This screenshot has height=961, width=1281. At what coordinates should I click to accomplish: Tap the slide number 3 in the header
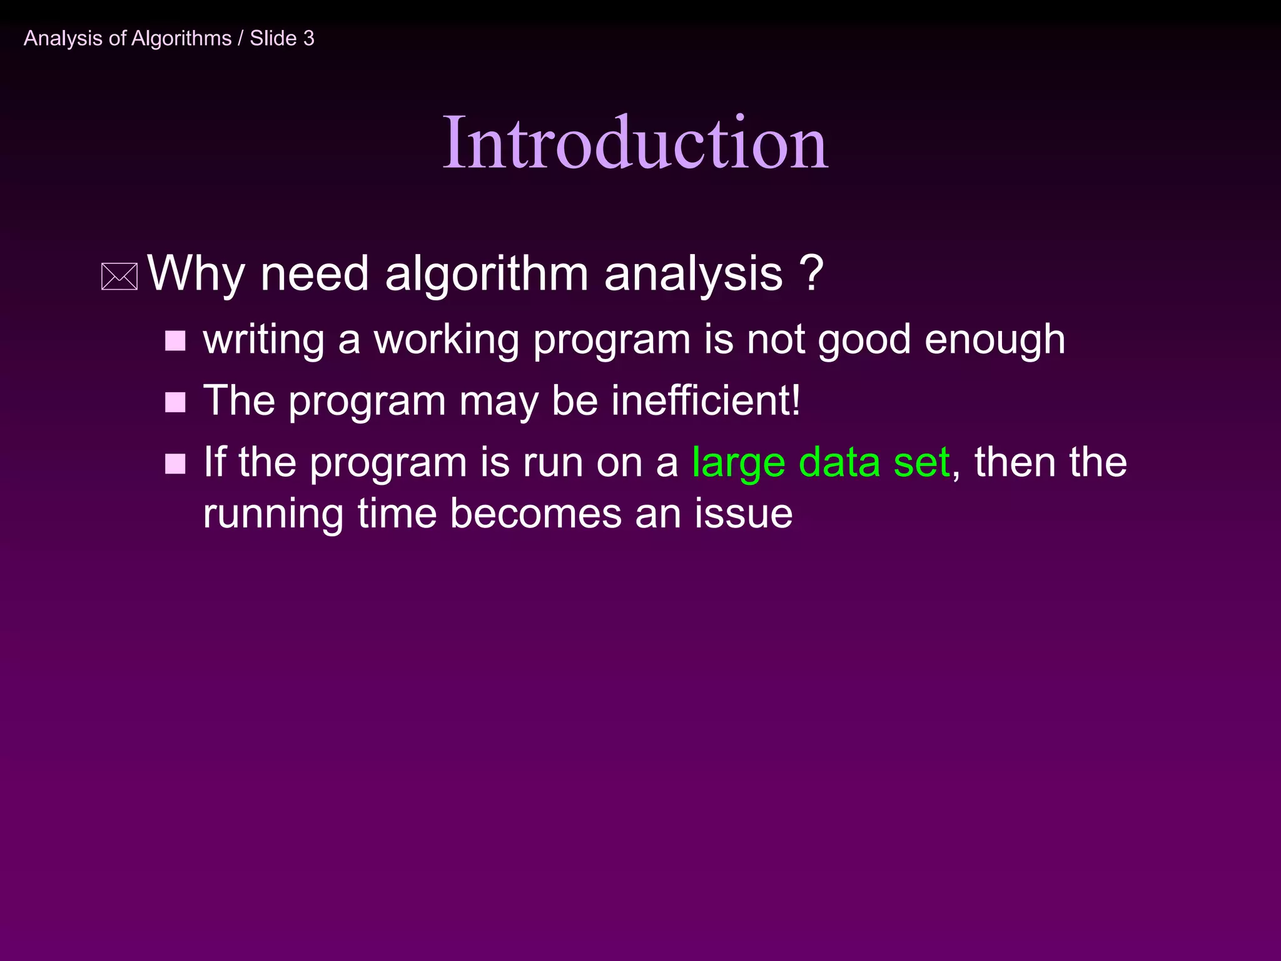pos(308,39)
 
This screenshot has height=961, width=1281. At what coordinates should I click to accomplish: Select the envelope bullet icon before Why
pos(119,277)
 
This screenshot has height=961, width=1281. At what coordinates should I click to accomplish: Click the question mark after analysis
pos(811,273)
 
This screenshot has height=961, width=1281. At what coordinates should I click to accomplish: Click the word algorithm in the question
pos(487,273)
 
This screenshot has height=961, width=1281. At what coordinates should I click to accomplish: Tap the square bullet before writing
pos(175,341)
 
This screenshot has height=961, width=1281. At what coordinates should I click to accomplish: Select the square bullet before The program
pos(175,402)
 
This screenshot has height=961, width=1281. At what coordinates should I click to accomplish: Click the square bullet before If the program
pos(175,464)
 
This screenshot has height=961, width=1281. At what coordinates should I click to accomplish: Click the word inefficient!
pos(706,400)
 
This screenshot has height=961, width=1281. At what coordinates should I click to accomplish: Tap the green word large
pos(738,464)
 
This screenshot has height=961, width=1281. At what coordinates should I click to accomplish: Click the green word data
pos(839,462)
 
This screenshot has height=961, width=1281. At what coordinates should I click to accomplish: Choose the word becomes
pos(535,514)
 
